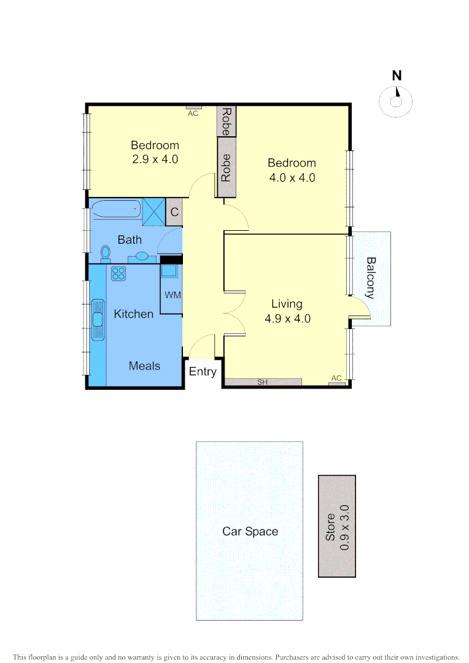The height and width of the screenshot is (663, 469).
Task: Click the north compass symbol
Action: (397, 100)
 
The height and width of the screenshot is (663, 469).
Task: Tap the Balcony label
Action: (371, 277)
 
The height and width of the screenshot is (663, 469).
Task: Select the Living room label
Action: (287, 304)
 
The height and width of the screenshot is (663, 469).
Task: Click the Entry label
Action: (203, 371)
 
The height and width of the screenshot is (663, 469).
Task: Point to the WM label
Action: (172, 295)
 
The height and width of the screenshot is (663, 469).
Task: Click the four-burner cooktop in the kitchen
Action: (118, 273)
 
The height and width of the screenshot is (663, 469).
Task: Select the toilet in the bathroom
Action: (105, 252)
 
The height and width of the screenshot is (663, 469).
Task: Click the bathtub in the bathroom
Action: (117, 210)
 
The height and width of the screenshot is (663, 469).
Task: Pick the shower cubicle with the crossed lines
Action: (154, 211)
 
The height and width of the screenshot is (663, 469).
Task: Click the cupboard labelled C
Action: (174, 212)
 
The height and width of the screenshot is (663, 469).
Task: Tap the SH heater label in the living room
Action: (263, 382)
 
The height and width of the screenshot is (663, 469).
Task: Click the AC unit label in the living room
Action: (336, 378)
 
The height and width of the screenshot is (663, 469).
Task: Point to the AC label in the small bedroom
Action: (193, 114)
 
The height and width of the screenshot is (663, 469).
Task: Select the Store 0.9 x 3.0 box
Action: (337, 526)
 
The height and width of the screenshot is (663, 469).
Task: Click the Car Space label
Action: (250, 532)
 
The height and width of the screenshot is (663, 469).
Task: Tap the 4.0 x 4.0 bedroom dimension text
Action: (292, 178)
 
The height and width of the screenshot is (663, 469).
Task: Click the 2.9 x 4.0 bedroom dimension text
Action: (155, 159)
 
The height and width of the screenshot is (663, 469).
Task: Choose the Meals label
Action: (144, 366)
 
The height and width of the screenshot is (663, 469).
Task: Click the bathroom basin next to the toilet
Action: (142, 256)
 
